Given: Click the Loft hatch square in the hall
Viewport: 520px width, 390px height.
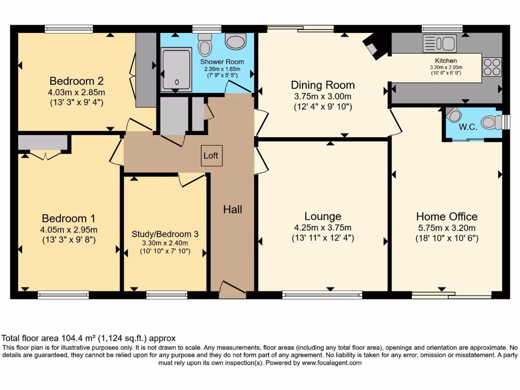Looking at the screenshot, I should pyautogui.click(x=211, y=156).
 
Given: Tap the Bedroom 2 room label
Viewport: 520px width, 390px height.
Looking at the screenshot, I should pyautogui.click(x=77, y=81).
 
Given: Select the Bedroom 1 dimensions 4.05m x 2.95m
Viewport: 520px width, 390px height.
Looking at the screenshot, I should pyautogui.click(x=69, y=230).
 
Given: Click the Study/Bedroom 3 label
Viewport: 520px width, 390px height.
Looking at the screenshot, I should pyautogui.click(x=165, y=234).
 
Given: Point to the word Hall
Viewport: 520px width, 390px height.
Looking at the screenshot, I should pyautogui.click(x=233, y=209).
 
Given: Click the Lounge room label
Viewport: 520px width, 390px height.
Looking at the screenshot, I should pyautogui.click(x=322, y=217).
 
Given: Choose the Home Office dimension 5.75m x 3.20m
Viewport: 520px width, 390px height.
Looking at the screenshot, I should pyautogui.click(x=446, y=227).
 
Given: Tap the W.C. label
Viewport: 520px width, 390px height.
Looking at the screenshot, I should pyautogui.click(x=467, y=127).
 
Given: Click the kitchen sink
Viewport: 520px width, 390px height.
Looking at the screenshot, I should pyautogui.click(x=439, y=44).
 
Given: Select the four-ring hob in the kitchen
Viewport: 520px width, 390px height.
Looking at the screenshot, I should pyautogui.click(x=492, y=67).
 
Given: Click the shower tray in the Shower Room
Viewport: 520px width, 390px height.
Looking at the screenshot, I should pyautogui.click(x=176, y=70).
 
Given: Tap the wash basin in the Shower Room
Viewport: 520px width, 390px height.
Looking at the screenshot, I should pyautogui.click(x=236, y=41).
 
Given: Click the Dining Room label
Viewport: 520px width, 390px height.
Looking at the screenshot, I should pyautogui.click(x=322, y=85).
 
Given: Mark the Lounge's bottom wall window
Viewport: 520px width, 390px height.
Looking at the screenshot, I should pyautogui.click(x=322, y=295).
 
